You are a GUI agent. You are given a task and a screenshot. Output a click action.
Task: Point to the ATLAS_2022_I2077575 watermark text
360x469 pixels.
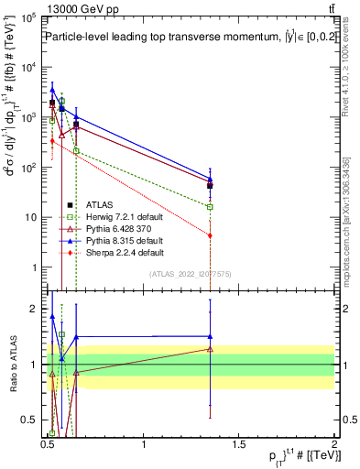click(194, 274)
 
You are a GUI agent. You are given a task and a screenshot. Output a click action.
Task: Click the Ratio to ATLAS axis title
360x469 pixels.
click(12, 365)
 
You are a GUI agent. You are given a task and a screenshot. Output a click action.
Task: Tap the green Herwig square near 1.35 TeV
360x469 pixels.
click(211, 207)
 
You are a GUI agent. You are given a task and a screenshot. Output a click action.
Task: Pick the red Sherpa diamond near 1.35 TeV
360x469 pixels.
click(211, 235)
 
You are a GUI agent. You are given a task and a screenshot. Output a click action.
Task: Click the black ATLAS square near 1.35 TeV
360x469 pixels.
click(211, 185)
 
